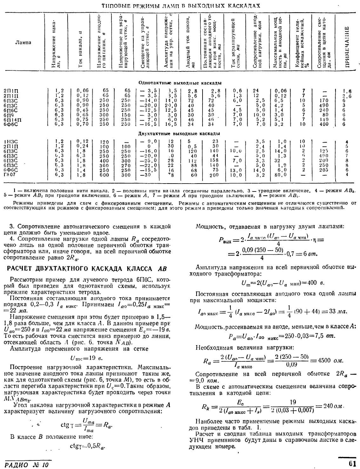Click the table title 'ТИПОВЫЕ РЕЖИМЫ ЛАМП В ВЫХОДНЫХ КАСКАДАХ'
(x=181, y=6)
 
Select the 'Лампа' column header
(x=23, y=43)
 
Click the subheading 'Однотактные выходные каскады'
(x=180, y=83)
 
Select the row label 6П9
(x=9, y=115)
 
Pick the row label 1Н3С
(x=10, y=142)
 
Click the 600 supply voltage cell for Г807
(x=104, y=174)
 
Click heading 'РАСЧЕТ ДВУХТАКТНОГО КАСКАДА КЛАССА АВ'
(x=87, y=269)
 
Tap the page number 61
(x=352, y=463)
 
